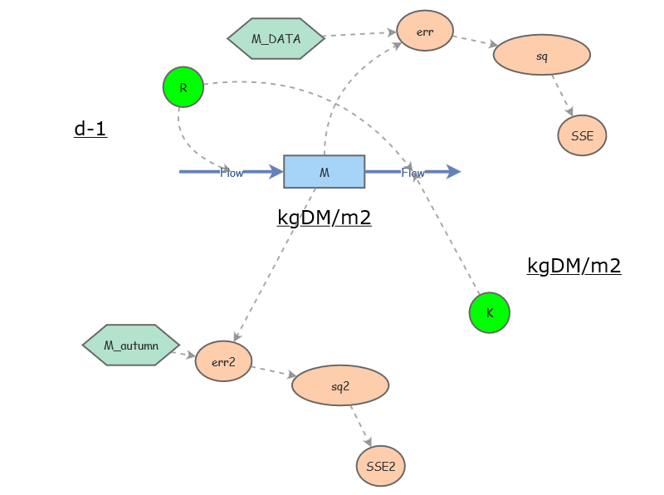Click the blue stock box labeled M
coord(324,172)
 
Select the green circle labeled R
coord(183,87)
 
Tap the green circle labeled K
coord(490,313)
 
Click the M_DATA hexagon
coord(276,38)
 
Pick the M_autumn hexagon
coord(131,345)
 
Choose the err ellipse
coord(425,31)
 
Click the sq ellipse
coord(542,55)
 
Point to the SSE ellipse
coord(582,135)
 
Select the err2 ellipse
coord(223,361)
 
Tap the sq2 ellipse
coord(340,385)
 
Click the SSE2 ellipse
coord(380,466)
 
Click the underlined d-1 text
coord(90,129)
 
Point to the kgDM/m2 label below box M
coord(325,218)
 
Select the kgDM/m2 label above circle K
coord(574,266)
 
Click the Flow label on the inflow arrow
coord(232,173)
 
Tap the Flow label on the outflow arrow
coord(413,173)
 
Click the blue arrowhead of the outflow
coord(453,172)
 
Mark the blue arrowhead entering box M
coord(276,172)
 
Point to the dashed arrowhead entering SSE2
coord(368,441)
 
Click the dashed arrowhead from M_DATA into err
coord(392,32)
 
